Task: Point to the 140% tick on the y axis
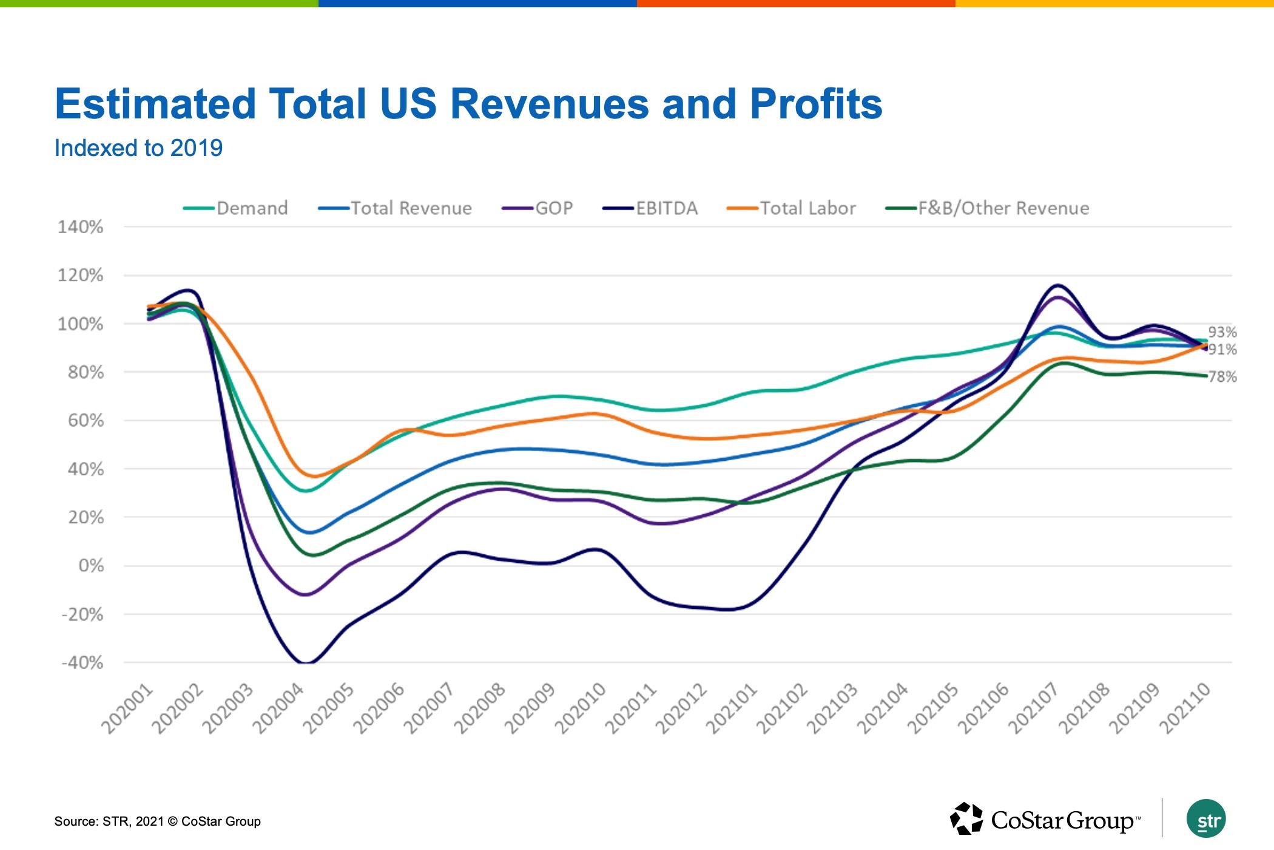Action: [x=81, y=227]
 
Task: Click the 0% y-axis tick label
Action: [x=91, y=566]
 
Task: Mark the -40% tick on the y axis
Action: [x=83, y=662]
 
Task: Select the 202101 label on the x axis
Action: [x=732, y=708]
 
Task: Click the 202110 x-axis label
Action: [x=1185, y=708]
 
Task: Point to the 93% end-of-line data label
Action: [x=1222, y=332]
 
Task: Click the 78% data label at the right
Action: [x=1222, y=377]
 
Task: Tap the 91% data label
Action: [x=1222, y=349]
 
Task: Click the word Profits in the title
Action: [x=816, y=104]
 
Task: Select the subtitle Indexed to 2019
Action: [x=138, y=148]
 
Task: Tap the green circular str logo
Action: [x=1206, y=819]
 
